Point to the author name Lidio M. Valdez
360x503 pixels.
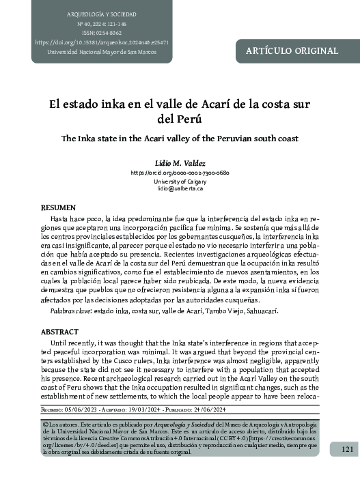[x=180, y=163]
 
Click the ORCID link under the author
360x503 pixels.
[x=180, y=173]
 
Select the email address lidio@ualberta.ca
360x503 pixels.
[x=180, y=188]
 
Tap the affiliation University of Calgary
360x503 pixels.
[x=180, y=181]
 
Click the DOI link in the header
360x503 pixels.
[x=102, y=42]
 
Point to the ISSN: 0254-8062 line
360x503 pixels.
[x=102, y=33]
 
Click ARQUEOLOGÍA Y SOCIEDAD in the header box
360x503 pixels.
[x=102, y=14]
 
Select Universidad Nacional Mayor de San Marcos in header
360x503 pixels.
[x=102, y=52]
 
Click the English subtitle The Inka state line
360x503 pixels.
[x=180, y=138]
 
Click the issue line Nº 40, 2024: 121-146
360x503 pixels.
[x=102, y=23]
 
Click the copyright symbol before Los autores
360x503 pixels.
[x=44, y=424]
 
